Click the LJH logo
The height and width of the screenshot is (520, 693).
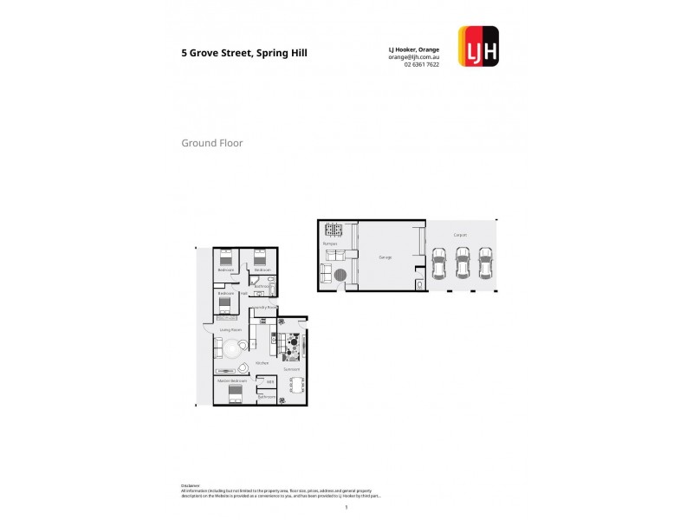coord(477,47)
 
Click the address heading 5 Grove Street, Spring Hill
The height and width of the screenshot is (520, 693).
coord(243,53)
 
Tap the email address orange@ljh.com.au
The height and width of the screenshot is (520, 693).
coord(414,56)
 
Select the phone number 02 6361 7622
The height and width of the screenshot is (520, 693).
coord(421,64)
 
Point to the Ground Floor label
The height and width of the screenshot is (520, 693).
coord(211,143)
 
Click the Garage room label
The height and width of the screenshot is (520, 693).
coord(385,257)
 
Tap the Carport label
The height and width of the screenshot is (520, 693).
coord(460,235)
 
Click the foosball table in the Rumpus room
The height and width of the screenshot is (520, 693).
coord(334,231)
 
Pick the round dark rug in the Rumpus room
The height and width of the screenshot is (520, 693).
coord(342,275)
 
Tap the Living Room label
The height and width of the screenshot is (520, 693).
coord(230,330)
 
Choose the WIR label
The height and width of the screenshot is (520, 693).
coord(270,381)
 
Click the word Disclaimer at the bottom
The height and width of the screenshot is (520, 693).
coord(191,485)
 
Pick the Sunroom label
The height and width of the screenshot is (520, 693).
coord(292,368)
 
